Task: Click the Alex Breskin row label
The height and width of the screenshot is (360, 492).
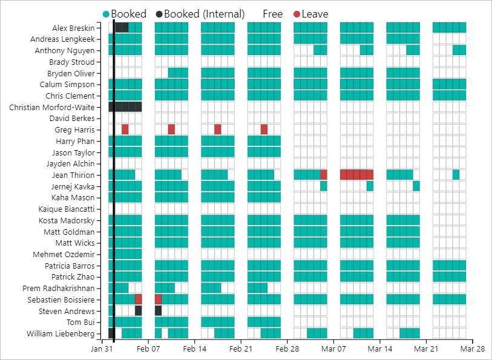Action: point(73,28)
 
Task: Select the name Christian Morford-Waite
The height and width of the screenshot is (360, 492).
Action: point(52,107)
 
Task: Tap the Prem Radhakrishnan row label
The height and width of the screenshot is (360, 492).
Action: point(58,289)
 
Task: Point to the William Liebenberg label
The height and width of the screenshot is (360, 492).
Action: point(61,334)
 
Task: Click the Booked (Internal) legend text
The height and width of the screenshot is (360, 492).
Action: point(204,14)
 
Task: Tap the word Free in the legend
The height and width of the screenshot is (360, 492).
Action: point(273,14)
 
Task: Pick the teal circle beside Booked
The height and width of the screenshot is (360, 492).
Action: point(107,14)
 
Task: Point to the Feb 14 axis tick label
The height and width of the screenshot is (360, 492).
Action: point(195,349)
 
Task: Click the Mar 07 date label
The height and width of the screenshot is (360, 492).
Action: point(333,349)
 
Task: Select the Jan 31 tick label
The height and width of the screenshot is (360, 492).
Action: point(102,349)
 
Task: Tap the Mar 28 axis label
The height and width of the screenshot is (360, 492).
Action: point(473,349)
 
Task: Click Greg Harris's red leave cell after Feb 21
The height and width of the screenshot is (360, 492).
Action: point(264,129)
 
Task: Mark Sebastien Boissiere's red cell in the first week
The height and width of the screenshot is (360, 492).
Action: point(139,299)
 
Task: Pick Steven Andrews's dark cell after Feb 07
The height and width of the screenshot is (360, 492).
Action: point(158,311)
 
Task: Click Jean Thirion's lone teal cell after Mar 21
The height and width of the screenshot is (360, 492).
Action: point(456,175)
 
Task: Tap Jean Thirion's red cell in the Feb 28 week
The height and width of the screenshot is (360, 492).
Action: point(324,175)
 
